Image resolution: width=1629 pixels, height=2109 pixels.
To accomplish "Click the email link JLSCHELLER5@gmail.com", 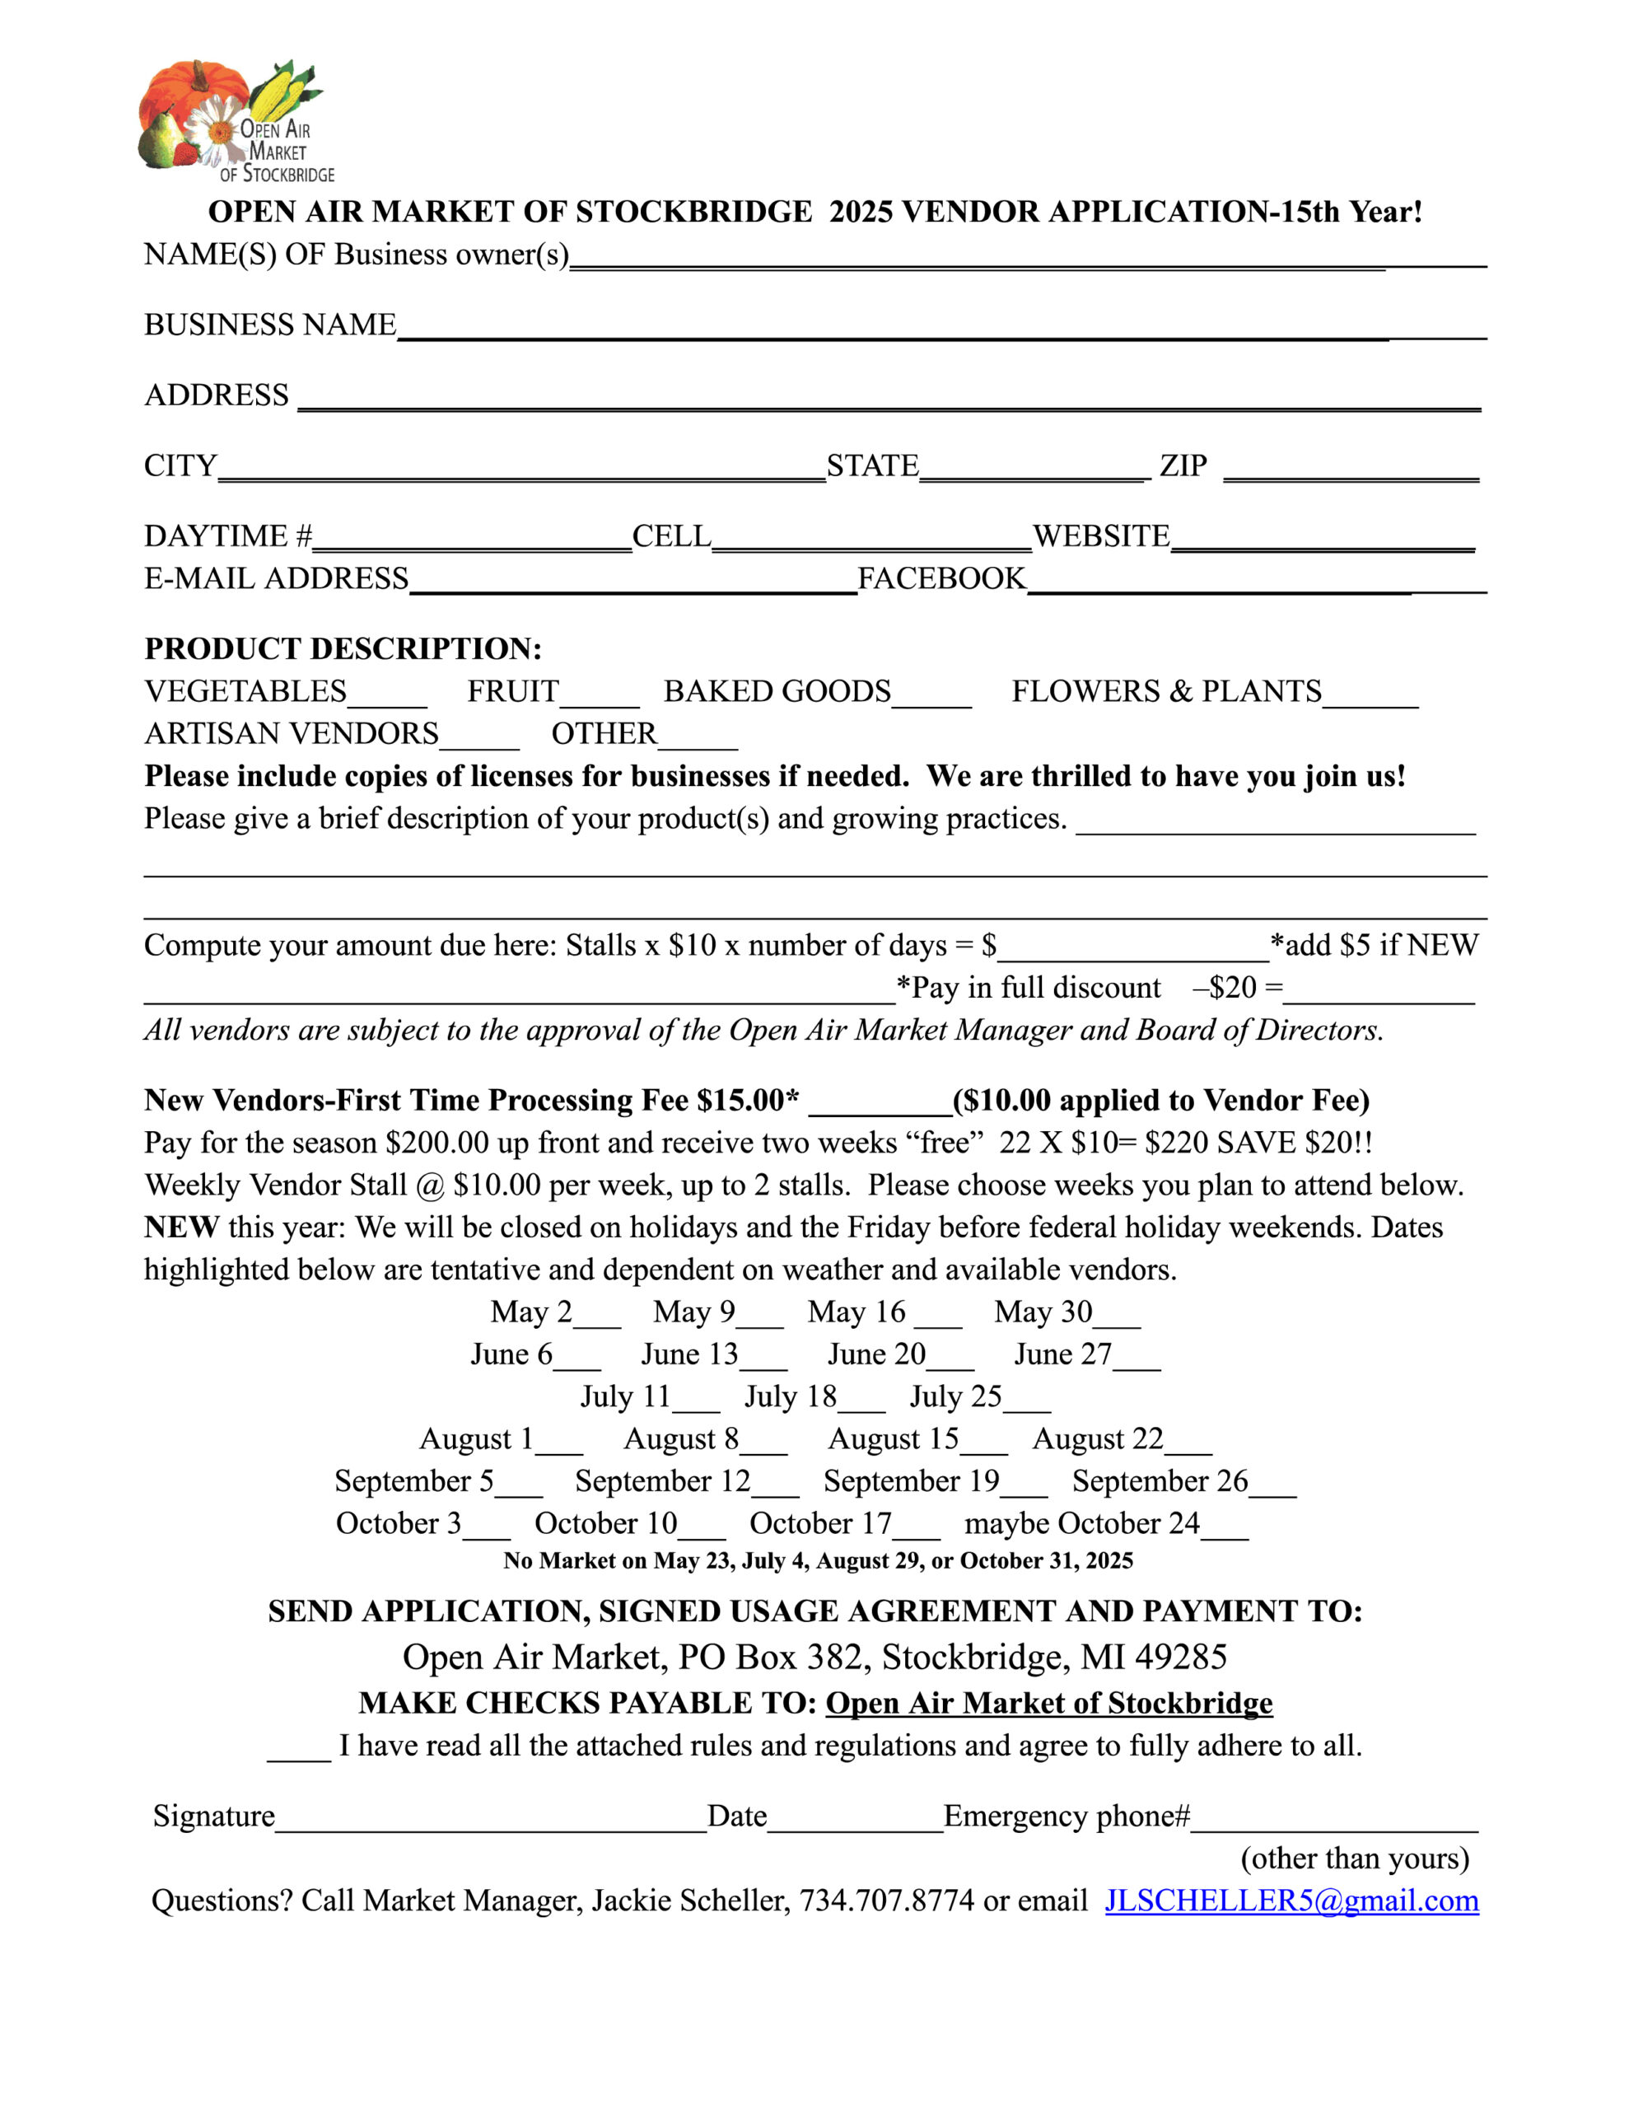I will coord(1291,1900).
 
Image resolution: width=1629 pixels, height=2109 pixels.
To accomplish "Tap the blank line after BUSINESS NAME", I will coord(941,329).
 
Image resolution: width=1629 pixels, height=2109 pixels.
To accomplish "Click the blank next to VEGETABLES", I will coord(386,697).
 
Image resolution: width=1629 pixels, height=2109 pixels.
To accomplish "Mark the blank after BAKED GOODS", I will coord(931,697).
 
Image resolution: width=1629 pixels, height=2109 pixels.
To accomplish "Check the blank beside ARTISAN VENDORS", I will coord(479,740).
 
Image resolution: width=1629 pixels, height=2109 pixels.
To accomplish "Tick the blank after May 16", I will coord(937,1318).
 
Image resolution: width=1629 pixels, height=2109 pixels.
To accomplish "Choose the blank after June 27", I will coord(1137,1361).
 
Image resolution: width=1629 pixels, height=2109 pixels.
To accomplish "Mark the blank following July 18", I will coord(861,1403).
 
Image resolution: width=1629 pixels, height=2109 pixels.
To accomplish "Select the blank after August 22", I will coord(1188,1446).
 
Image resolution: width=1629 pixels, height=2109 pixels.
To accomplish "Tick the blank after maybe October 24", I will coord(1225,1531).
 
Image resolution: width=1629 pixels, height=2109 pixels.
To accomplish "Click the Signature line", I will coord(491,1821).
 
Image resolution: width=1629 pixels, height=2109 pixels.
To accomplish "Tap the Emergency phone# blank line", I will coord(1333,1821).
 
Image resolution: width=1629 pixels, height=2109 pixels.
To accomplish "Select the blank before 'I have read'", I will coord(299,1751).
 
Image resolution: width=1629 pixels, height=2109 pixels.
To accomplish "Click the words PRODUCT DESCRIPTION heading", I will coord(343,648).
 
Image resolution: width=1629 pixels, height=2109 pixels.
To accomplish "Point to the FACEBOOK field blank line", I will coord(1255,583).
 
